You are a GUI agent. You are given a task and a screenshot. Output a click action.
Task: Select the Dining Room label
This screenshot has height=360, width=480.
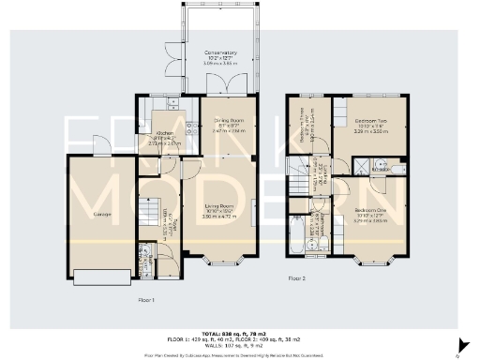pyautogui.click(x=222, y=122)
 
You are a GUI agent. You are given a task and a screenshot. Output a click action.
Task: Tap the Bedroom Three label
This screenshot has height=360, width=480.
pyautogui.click(x=304, y=125)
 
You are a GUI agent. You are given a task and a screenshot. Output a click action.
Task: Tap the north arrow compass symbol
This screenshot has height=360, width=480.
pyautogui.click(x=458, y=347)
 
